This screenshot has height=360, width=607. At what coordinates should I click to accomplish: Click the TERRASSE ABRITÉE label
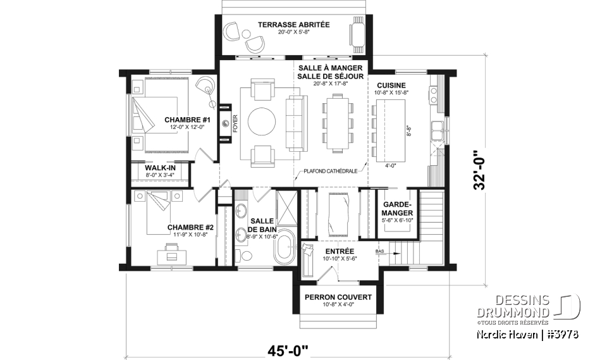[x=293, y=25]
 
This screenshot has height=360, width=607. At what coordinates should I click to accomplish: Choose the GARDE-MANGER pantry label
[x=397, y=209]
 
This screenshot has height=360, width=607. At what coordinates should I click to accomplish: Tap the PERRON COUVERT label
[x=338, y=297]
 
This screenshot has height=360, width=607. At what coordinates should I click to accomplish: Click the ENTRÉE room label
[x=338, y=251]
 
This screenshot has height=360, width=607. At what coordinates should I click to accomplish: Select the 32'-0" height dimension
[x=483, y=170]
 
